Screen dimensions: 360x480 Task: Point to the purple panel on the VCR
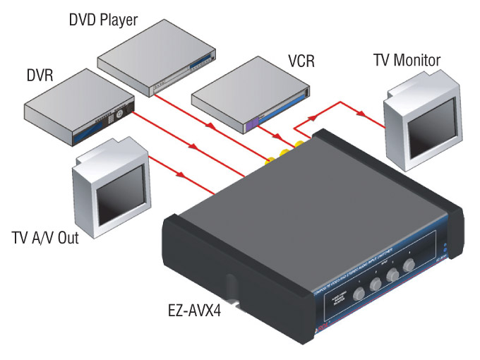[x=251, y=125]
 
